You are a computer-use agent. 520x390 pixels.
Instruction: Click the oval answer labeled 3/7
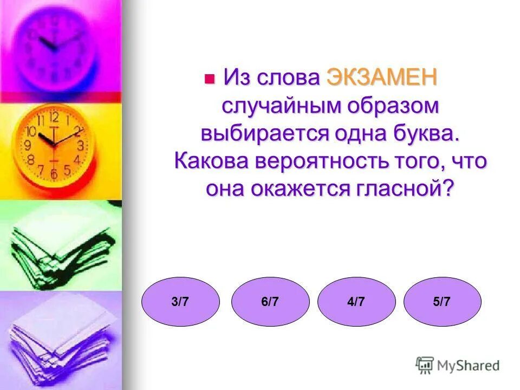[x=180, y=302]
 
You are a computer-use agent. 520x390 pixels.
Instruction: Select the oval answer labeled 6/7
[x=270, y=302]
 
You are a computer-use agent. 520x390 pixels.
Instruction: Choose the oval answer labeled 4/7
[x=356, y=302]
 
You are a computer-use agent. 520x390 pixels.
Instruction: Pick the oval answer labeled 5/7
[x=442, y=302]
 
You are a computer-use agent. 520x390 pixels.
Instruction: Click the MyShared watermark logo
[x=458, y=365]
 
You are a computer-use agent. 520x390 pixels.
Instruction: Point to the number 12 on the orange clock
[x=54, y=116]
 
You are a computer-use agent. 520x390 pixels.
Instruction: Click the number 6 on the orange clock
[x=54, y=174]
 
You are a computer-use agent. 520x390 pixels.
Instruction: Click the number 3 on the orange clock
[x=80, y=145]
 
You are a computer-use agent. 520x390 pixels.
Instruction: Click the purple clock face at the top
[x=57, y=46]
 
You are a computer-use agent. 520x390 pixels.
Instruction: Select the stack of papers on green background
[x=60, y=246]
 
